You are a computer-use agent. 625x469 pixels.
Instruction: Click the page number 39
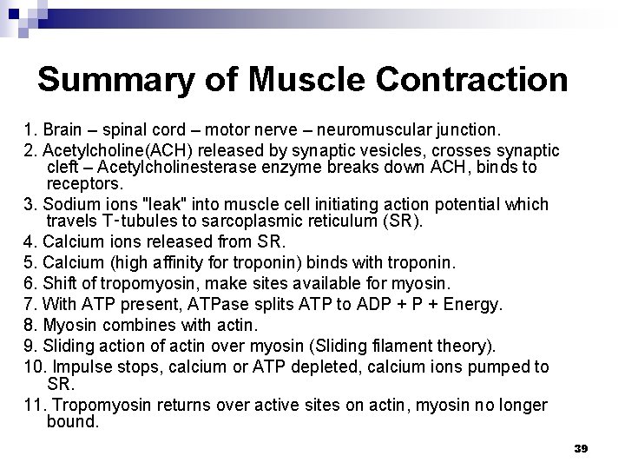(582, 448)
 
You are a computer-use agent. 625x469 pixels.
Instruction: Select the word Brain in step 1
(63, 130)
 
